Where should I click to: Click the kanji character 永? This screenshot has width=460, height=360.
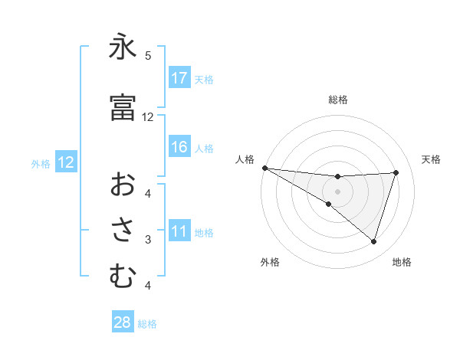[x=123, y=49]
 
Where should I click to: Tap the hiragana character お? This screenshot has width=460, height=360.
[x=123, y=184]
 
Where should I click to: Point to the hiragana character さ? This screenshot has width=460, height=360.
[x=123, y=230]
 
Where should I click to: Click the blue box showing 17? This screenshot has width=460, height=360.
[x=179, y=78]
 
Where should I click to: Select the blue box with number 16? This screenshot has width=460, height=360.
[x=179, y=147]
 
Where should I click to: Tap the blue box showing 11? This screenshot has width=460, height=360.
[x=179, y=231]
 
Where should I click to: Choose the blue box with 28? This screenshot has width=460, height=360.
[x=123, y=322]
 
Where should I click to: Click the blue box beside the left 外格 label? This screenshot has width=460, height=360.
[x=66, y=162]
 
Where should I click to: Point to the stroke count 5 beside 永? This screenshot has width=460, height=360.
[x=148, y=56]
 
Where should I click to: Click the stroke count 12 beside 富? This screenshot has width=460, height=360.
[x=148, y=117]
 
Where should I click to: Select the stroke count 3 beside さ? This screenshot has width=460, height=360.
[x=148, y=240]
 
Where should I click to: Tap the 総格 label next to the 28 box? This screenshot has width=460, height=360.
[x=147, y=324]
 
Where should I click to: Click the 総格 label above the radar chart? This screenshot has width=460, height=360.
[x=337, y=100]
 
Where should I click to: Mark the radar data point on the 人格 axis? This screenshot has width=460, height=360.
[x=264, y=168]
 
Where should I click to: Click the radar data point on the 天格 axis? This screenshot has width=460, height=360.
[x=396, y=172]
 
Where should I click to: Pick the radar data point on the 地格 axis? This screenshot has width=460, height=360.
[x=373, y=241]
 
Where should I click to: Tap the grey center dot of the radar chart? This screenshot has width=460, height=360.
[x=337, y=190]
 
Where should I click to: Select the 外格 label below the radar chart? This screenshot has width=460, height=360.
[x=270, y=262]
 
